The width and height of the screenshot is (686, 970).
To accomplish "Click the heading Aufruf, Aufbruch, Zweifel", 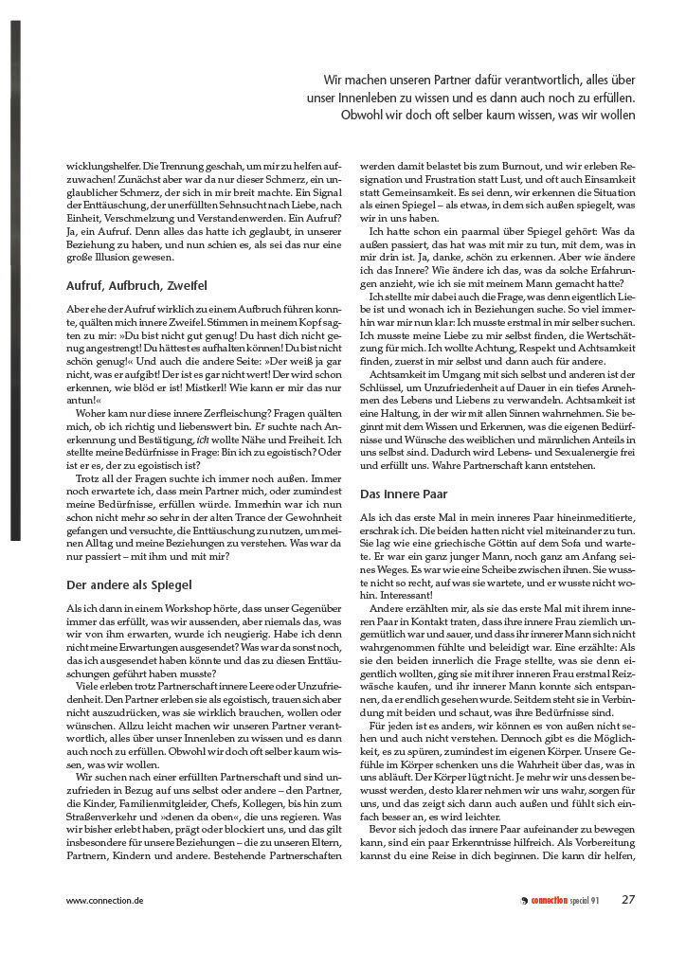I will click(136, 285).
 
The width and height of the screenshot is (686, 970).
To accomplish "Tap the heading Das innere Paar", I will click(405, 494).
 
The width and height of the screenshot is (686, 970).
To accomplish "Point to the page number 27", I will click(628, 899).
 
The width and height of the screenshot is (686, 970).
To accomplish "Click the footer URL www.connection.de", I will click(104, 900).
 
